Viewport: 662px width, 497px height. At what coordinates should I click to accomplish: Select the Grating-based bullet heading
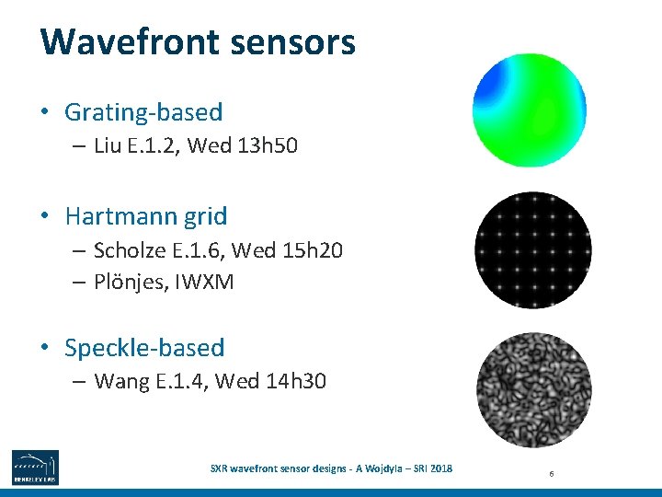click(143, 112)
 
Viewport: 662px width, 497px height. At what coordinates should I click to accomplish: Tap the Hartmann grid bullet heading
click(146, 216)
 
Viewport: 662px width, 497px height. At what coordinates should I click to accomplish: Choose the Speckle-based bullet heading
click(144, 348)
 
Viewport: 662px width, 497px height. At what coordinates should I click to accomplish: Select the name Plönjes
click(128, 282)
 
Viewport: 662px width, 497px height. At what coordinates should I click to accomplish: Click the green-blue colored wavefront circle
click(530, 110)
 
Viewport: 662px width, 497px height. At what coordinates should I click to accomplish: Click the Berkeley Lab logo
click(35, 468)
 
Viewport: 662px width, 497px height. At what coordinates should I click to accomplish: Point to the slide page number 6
click(550, 473)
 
